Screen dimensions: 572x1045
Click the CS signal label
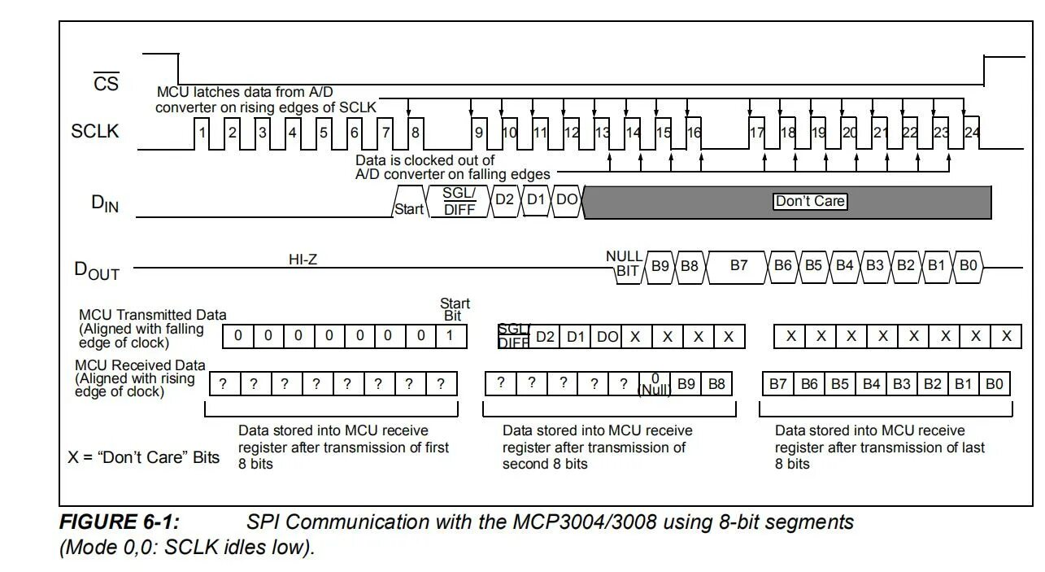(x=106, y=82)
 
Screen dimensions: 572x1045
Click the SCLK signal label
(x=95, y=131)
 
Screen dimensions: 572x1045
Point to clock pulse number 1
(x=202, y=133)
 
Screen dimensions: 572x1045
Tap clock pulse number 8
(x=416, y=133)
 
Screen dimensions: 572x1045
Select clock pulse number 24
(x=972, y=133)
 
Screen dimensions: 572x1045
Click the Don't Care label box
(x=810, y=201)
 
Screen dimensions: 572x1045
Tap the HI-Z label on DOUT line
(x=303, y=260)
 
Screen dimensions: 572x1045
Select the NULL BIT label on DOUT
(x=625, y=264)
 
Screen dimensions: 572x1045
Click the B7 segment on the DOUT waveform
(x=738, y=265)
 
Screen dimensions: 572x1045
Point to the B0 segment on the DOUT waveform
(x=968, y=265)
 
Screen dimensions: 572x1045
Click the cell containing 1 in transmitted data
(x=450, y=336)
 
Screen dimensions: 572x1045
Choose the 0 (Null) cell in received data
(x=655, y=384)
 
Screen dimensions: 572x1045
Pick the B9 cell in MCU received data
(x=686, y=384)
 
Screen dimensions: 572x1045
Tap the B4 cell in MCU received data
(x=871, y=384)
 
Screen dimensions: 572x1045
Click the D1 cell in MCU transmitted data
(x=576, y=336)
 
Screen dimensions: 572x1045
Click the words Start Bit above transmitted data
(x=454, y=309)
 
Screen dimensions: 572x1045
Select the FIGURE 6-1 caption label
(x=119, y=522)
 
